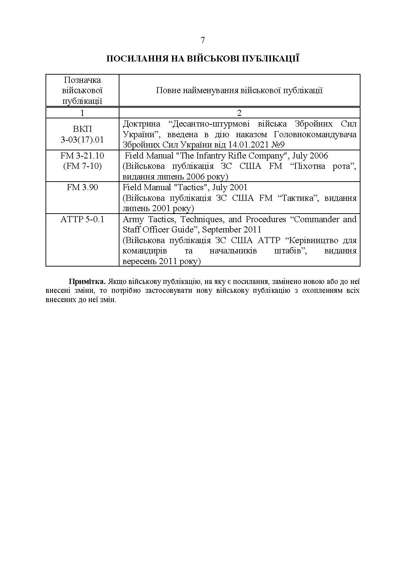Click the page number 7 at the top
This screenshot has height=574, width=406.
point(203,40)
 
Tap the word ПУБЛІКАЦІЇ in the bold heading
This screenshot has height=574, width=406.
point(271,59)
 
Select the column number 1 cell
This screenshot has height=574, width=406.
point(82,113)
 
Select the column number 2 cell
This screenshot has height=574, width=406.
point(239,113)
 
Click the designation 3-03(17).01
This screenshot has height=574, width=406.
point(82,140)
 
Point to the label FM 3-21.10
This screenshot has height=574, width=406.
point(82,156)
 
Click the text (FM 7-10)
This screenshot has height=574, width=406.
point(82,166)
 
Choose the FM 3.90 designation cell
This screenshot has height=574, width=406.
point(82,187)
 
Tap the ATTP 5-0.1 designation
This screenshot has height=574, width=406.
point(82,219)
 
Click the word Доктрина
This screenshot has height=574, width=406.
point(141,124)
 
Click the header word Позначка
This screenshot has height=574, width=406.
point(82,80)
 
